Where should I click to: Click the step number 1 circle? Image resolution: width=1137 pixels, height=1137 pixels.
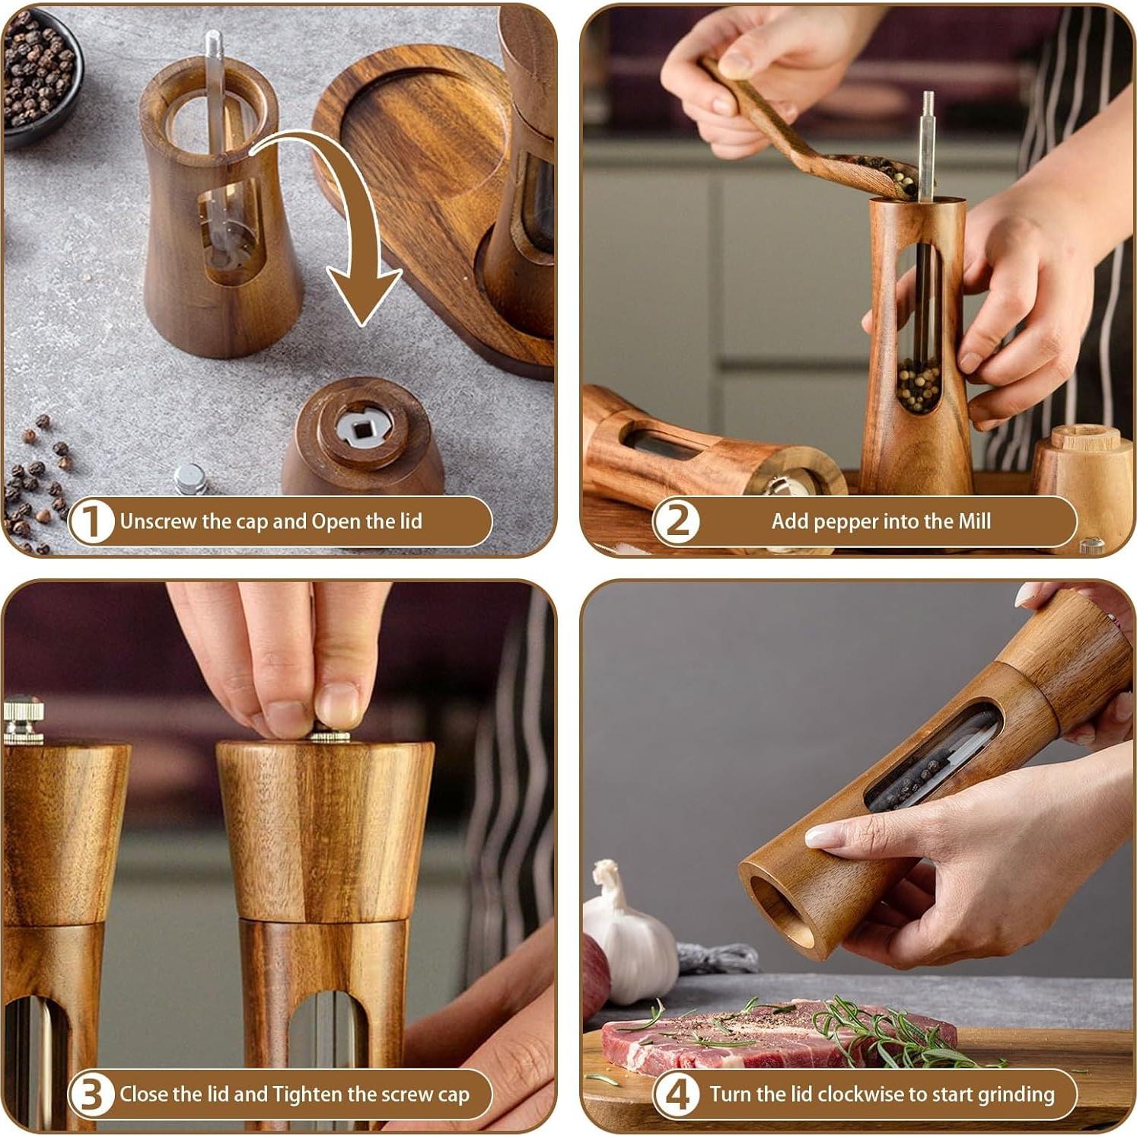91,521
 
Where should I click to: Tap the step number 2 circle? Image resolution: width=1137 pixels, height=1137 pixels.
677,521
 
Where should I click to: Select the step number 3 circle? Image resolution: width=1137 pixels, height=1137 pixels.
91,1094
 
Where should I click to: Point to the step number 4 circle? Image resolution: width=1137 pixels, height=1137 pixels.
677,1094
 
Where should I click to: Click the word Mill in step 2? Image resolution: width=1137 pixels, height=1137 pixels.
974,521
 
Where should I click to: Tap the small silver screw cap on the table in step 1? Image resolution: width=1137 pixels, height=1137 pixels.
189,479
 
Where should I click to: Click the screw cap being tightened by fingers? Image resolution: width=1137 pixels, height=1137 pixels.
330,735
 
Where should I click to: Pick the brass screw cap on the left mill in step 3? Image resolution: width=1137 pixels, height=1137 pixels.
23,721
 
